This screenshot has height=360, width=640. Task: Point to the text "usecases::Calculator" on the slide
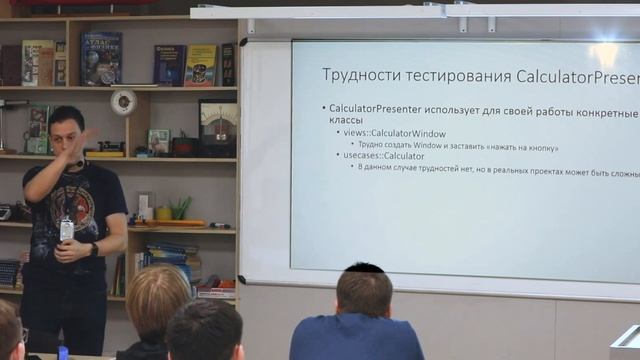click(384, 156)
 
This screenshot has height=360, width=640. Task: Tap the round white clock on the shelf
click(124, 100)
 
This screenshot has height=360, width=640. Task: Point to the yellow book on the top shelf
click(200, 65)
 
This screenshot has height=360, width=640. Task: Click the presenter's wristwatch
click(93, 249)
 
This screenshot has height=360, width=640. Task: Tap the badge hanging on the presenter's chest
click(67, 230)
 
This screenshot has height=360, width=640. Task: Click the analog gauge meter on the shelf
click(216, 124)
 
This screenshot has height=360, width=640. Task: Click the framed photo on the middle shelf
click(159, 141)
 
